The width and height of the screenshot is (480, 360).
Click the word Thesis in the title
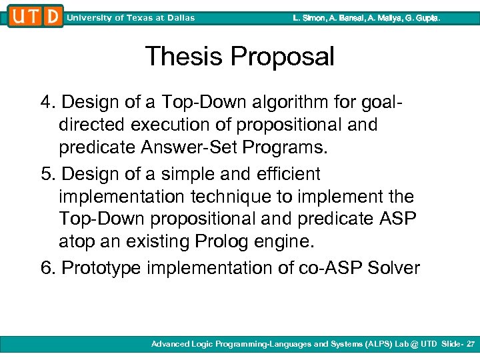click(x=183, y=57)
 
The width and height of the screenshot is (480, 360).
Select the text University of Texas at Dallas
click(x=131, y=18)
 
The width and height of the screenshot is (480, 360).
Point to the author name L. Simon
click(x=309, y=18)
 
